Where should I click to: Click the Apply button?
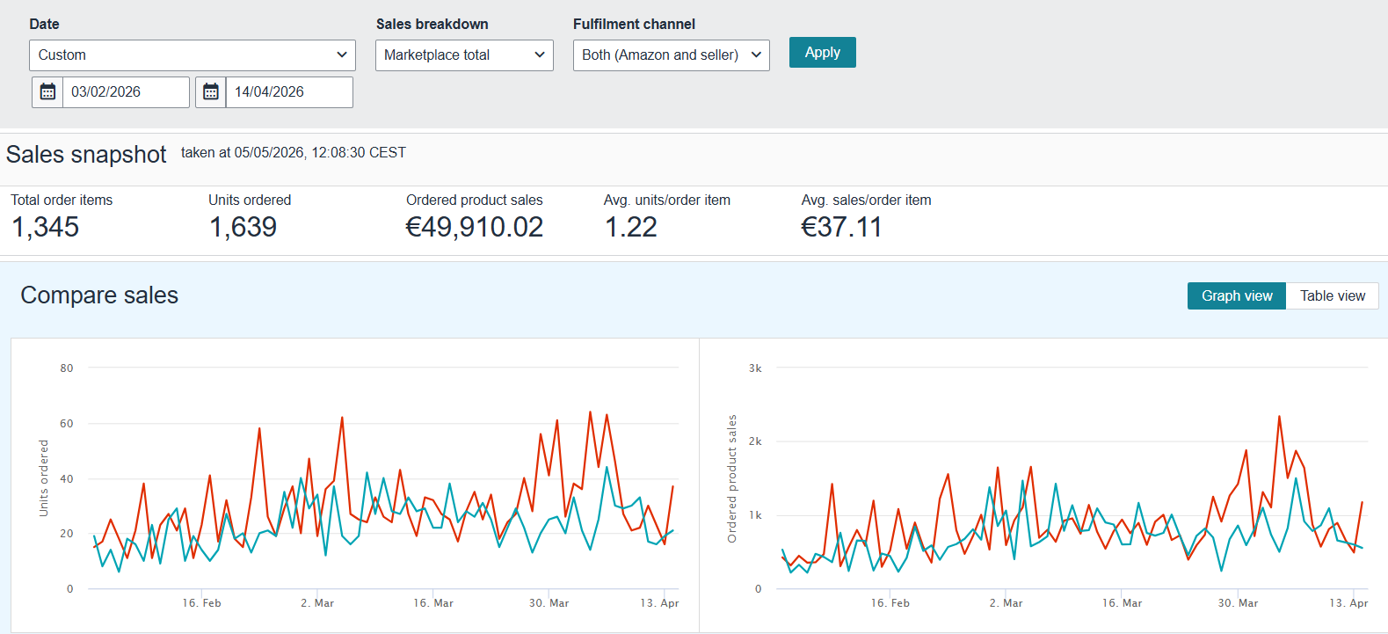(x=822, y=53)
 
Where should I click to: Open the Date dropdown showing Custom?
(x=193, y=55)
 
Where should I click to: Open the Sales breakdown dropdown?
(x=464, y=55)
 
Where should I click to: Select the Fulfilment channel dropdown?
(x=671, y=55)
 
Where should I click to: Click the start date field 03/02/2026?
(x=126, y=92)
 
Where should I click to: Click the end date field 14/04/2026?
(x=289, y=92)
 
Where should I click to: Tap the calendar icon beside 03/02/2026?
(x=47, y=92)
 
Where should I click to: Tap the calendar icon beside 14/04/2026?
(x=211, y=92)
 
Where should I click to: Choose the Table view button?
(x=1333, y=296)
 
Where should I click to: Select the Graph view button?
(x=1237, y=296)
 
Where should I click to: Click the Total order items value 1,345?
(x=45, y=227)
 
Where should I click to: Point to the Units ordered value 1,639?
(x=243, y=227)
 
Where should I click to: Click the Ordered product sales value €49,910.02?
(x=474, y=227)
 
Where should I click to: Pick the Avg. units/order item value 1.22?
(x=631, y=227)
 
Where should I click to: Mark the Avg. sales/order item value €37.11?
(x=841, y=227)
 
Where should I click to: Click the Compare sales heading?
(x=99, y=295)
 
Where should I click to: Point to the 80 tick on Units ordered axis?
(x=66, y=368)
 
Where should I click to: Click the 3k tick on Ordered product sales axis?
(x=755, y=368)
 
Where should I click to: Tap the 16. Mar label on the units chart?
(x=433, y=603)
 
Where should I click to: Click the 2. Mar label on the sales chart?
(x=1006, y=603)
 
